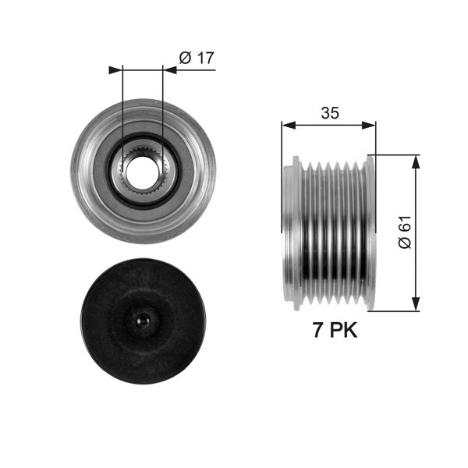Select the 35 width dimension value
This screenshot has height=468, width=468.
pyautogui.click(x=329, y=113)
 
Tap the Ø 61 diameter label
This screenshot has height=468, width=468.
pyautogui.click(x=403, y=232)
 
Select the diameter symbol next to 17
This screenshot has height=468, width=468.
pyautogui.click(x=185, y=57)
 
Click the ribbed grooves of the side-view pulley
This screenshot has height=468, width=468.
pyautogui.click(x=331, y=232)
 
